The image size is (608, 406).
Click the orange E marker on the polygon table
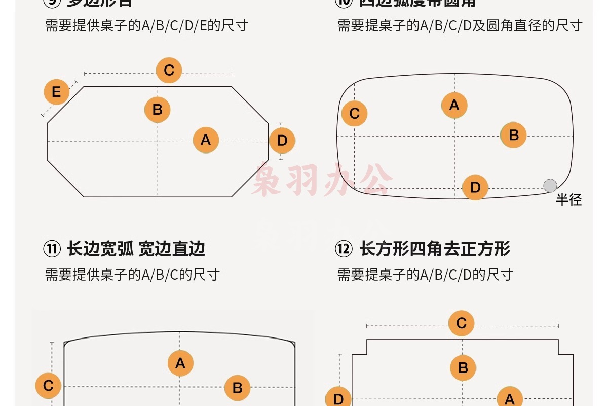[x=56, y=92]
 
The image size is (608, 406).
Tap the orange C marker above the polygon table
[x=169, y=70]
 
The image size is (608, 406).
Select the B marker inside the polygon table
[x=157, y=110]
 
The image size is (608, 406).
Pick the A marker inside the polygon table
[x=206, y=140]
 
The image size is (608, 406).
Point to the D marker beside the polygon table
[x=282, y=141]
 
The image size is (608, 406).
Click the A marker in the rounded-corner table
[x=454, y=105]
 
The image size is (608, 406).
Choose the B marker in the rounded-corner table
[x=513, y=135]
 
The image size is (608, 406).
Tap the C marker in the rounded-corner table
[x=354, y=113]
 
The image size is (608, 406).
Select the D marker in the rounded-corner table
[x=475, y=187]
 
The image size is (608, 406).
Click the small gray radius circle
[x=550, y=186]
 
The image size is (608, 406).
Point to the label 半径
[x=568, y=199]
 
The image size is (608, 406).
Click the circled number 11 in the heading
[x=52, y=249]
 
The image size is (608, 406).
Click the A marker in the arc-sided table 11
[x=180, y=363]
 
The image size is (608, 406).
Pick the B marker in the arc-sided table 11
[x=237, y=388]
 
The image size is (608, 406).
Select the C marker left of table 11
[x=48, y=386]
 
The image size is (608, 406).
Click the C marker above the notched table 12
[x=461, y=323]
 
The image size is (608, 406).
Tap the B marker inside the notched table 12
[x=463, y=368]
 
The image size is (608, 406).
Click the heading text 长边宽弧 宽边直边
[x=136, y=249]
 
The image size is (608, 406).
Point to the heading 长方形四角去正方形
[x=435, y=249]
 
